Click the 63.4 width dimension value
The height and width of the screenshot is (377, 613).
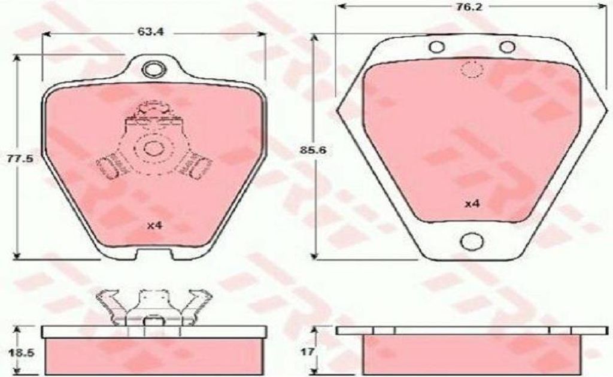150,32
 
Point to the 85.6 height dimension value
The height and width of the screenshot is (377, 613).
313,149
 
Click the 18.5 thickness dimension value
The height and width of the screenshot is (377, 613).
21,353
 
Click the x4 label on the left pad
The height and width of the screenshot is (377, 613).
154,226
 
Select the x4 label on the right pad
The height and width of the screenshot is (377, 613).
472,203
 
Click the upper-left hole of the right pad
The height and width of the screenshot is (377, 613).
436,47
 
